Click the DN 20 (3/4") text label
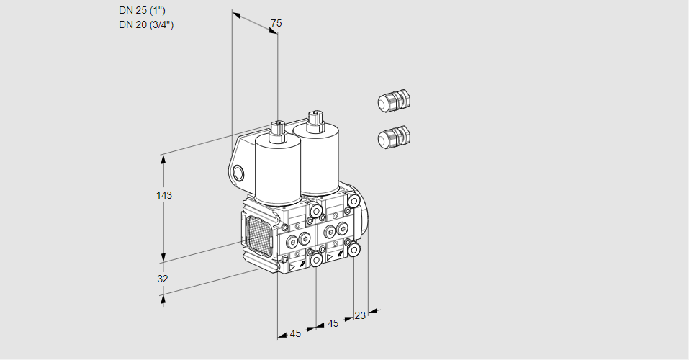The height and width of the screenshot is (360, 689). coord(146,24)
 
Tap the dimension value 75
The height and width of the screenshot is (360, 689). coord(276,24)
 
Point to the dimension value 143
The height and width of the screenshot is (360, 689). coord(165,195)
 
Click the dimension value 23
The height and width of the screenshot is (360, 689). coord(360,315)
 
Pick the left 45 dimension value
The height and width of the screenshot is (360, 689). coord(295,333)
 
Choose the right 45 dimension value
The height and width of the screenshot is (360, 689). coord(333,323)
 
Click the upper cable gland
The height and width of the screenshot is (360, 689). coord(393,101)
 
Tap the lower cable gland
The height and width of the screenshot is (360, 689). coord(393,137)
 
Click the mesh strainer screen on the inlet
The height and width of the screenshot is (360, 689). coord(260,237)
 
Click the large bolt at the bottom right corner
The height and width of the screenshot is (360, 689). coord(354,250)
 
